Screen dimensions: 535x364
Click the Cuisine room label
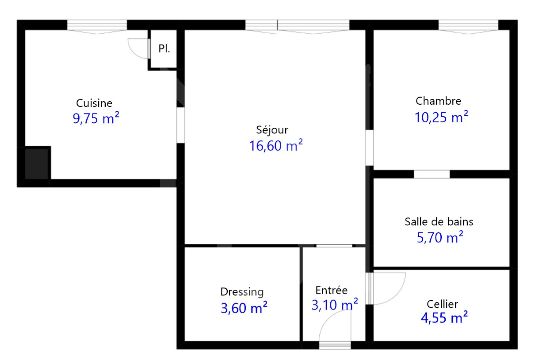point(94,103)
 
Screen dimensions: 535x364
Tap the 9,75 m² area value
point(96,118)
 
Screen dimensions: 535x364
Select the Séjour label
point(272,130)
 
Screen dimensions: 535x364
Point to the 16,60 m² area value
point(276,145)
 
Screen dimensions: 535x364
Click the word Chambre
point(438,101)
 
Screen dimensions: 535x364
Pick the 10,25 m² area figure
point(441,117)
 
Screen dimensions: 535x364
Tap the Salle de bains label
point(439,222)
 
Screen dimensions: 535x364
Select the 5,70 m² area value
point(440,237)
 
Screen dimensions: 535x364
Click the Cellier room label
point(442,304)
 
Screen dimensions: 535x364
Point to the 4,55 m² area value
point(444,318)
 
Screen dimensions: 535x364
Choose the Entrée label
point(331,290)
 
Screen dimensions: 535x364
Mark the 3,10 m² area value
point(335,305)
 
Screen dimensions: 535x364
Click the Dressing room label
point(242,292)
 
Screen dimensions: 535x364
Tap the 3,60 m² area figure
point(244,308)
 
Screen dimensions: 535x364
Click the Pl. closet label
point(164,48)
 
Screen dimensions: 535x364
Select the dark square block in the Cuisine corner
point(37,163)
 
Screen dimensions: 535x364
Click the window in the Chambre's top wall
point(468,25)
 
